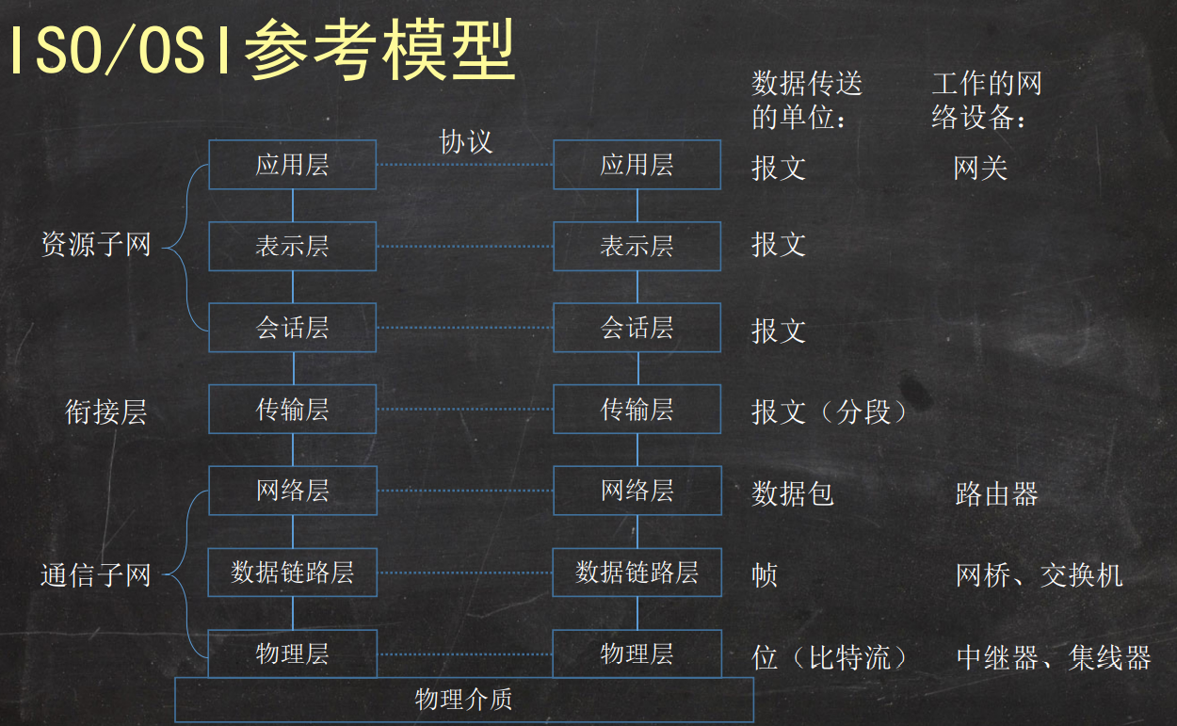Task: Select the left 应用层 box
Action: [x=292, y=165]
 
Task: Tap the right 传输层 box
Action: [x=637, y=410]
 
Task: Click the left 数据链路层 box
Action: [x=292, y=573]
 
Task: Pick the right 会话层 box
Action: [x=637, y=328]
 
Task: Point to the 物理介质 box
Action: [x=464, y=700]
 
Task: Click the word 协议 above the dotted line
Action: [x=466, y=141]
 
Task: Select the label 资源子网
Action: [x=96, y=246]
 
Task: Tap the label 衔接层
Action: [x=106, y=412]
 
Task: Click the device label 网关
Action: [x=980, y=169]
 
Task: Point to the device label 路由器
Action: [x=996, y=494]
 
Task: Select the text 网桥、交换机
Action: [x=1039, y=575]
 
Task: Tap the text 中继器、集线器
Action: [x=1054, y=657]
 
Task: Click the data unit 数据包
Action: [x=793, y=493]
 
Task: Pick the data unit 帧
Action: [x=765, y=575]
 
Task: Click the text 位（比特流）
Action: [x=830, y=657]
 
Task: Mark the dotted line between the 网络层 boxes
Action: [x=464, y=491]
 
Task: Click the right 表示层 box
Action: [x=637, y=247]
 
